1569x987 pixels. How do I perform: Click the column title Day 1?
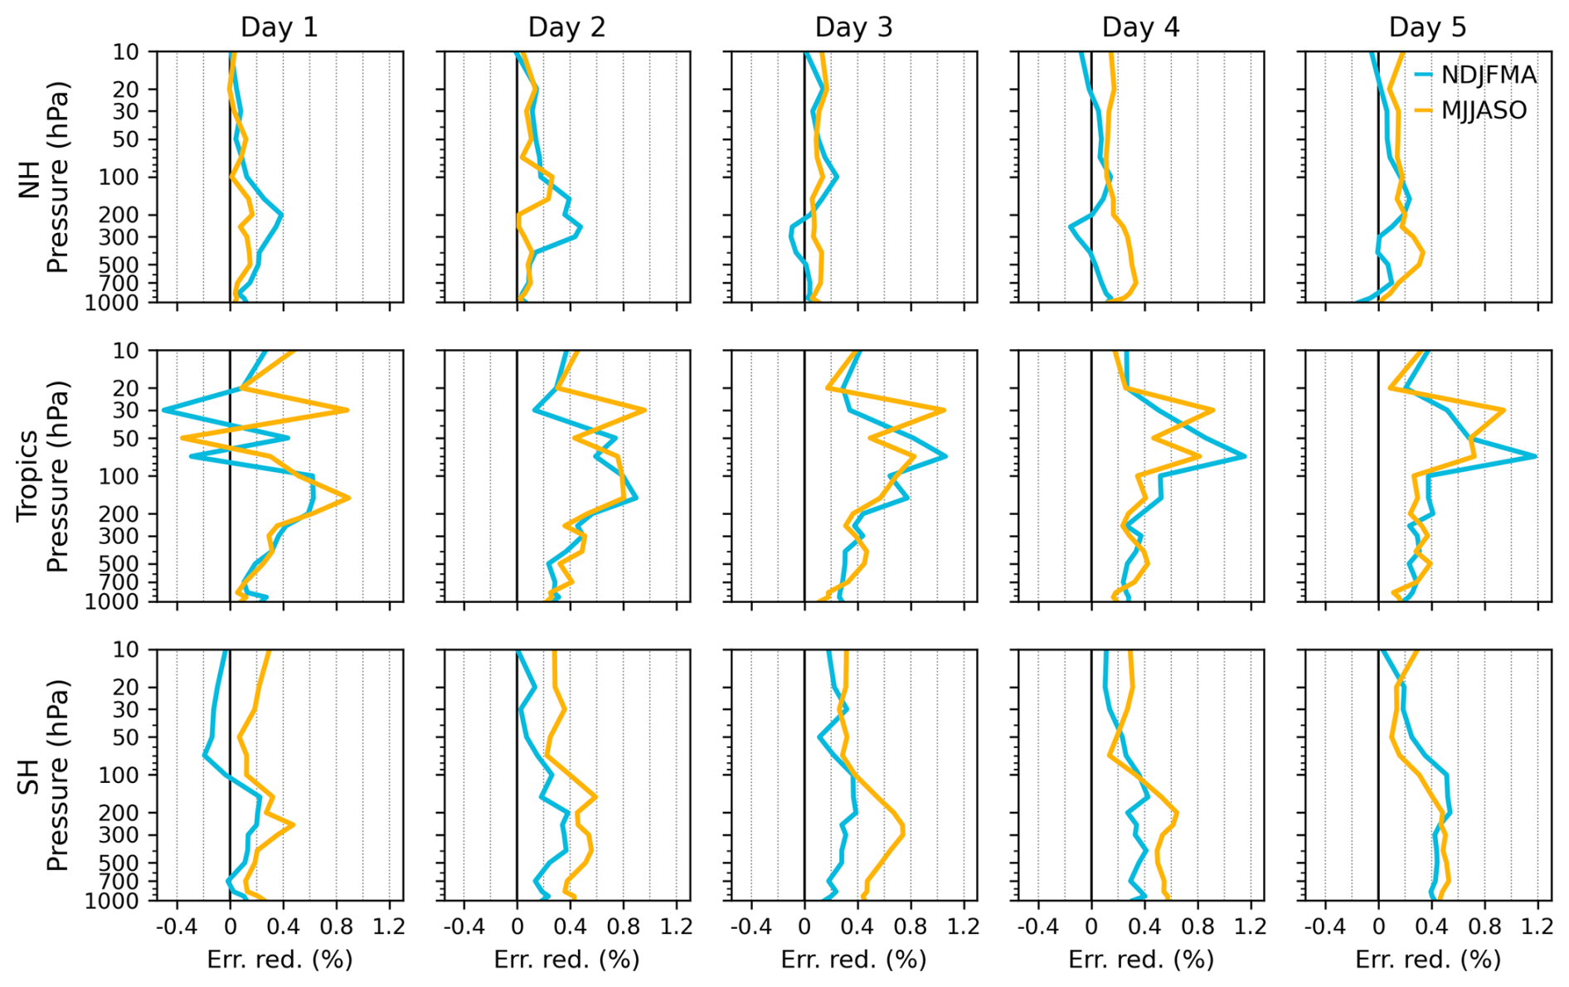click(279, 27)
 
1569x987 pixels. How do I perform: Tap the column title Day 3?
click(853, 27)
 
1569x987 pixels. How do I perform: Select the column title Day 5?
click(1427, 27)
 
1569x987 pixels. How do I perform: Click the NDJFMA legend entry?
click(1488, 75)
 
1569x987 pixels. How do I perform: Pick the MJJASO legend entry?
click(1483, 110)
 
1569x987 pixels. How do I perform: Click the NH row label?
click(31, 177)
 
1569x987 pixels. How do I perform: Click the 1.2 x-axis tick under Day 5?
click(1537, 926)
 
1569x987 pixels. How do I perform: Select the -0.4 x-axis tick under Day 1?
click(177, 926)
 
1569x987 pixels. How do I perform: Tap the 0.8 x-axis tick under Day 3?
click(911, 926)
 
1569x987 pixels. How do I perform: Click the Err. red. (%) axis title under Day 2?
click(566, 960)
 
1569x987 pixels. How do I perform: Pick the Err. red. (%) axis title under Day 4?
click(1140, 960)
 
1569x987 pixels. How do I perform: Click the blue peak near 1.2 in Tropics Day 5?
click(1535, 456)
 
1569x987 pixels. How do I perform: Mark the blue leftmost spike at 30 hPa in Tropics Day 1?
click(164, 410)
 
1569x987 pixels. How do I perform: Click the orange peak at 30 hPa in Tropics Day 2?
click(644, 410)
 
